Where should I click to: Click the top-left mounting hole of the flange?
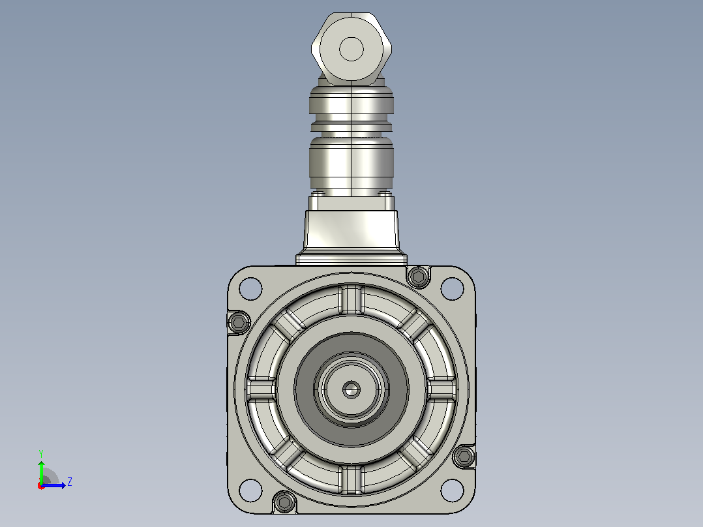tap(250, 288)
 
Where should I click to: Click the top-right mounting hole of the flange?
tap(452, 288)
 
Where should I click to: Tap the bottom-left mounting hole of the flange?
tap(250, 490)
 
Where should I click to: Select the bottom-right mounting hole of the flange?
tap(452, 490)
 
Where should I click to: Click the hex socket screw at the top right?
tap(418, 277)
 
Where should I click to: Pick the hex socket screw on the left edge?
tap(239, 322)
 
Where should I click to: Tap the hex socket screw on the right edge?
tap(464, 457)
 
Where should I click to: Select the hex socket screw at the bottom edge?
tap(284, 502)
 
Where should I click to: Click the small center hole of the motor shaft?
tap(351, 390)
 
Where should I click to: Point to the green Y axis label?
tap(41, 453)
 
